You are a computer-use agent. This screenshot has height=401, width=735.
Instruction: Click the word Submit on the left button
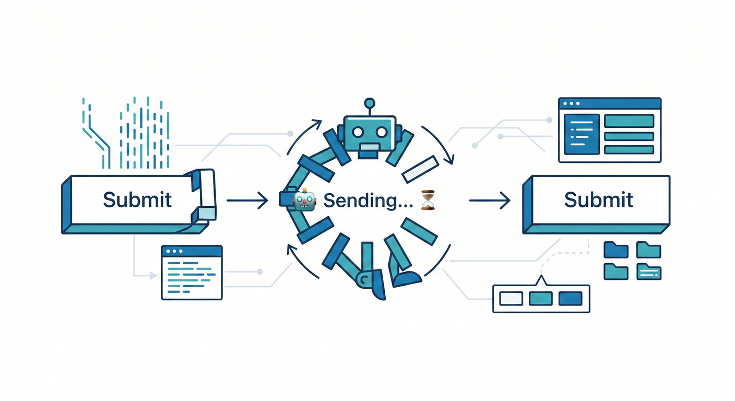coord(137,200)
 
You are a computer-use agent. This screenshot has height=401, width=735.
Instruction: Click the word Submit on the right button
coord(599,199)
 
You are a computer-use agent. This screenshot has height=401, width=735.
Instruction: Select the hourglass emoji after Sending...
coord(427,200)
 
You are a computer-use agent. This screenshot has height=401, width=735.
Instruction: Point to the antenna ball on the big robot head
coord(370,102)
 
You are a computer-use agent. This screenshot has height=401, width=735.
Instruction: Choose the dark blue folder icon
coord(615,250)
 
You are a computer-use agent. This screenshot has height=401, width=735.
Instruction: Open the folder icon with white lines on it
coord(649,272)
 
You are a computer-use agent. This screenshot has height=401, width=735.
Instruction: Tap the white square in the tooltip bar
coord(511,299)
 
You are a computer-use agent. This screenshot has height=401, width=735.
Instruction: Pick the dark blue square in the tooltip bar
coord(570,299)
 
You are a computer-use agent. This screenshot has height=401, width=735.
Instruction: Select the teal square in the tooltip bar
coord(540,299)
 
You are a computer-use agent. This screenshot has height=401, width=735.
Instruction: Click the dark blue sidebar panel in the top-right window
coord(581,135)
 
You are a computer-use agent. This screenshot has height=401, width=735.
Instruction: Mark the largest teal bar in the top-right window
coord(629,121)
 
